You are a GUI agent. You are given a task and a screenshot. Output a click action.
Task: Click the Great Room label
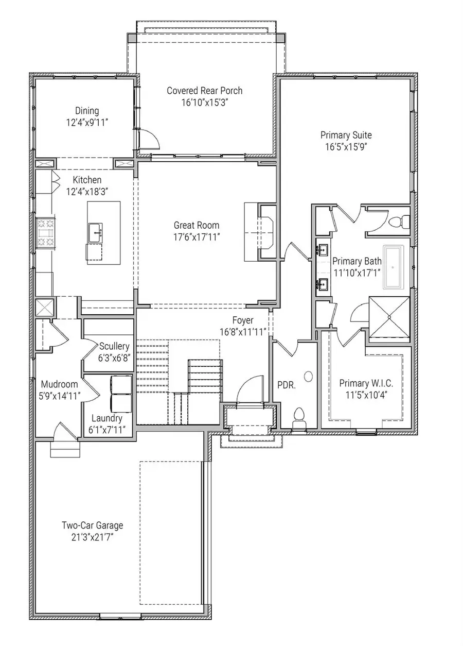[196, 225]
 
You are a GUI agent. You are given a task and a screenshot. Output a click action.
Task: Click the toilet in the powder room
[299, 416]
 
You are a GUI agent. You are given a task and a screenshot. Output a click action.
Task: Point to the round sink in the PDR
[308, 377]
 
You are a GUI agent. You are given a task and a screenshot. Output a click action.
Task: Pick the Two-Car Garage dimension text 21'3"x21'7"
[92, 537]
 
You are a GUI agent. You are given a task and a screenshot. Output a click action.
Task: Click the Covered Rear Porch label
[204, 91]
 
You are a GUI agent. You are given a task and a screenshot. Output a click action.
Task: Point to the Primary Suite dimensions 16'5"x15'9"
[346, 146]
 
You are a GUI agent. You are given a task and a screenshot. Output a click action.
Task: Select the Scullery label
[114, 346]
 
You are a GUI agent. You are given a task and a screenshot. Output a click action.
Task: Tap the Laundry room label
[106, 418]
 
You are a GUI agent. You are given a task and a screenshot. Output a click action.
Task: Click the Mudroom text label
[59, 384]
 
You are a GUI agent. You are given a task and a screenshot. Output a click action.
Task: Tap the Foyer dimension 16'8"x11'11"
[242, 332]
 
